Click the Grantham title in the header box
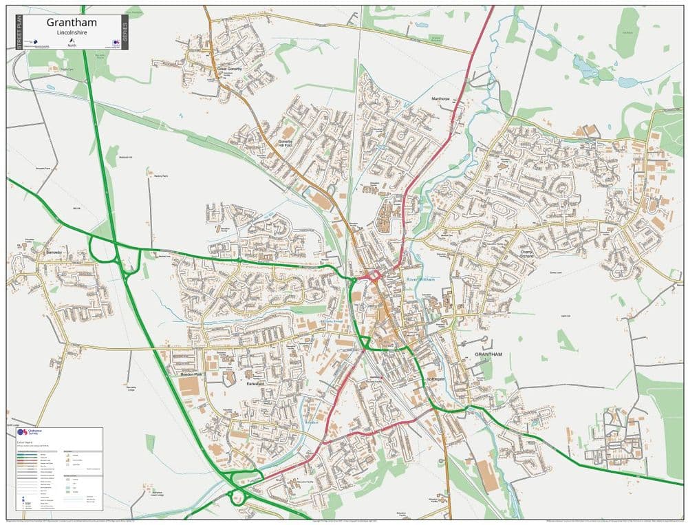[72, 23]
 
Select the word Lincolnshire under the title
[72, 32]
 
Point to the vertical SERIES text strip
[125, 32]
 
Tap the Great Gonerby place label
[230, 69]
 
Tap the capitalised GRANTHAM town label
[488, 354]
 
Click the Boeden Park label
[191, 374]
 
